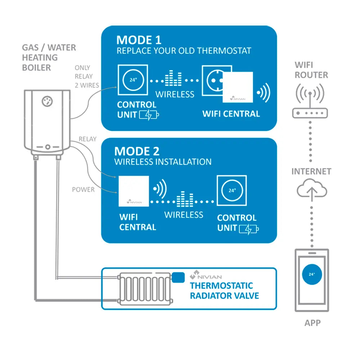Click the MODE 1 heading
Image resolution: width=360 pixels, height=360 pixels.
[x=139, y=39]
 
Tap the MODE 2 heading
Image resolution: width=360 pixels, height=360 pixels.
[x=137, y=151]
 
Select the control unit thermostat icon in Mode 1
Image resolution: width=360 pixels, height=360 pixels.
[x=133, y=80]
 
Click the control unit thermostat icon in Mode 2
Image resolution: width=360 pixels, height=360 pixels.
[x=232, y=190]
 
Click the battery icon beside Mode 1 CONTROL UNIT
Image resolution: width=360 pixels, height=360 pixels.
[x=151, y=115]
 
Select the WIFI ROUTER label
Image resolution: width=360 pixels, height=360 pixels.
[x=311, y=70]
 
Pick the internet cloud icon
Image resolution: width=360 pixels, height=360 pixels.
[x=312, y=190]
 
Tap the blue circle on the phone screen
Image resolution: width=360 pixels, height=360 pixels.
[x=311, y=274]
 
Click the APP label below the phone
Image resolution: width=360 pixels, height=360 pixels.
[x=312, y=323]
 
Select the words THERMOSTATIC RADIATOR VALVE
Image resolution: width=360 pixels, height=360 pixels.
[x=224, y=291]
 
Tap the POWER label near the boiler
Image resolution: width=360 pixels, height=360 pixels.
[x=83, y=189]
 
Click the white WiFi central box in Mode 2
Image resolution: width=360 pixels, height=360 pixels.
[x=134, y=191]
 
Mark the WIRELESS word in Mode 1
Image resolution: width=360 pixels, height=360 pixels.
[x=175, y=94]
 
